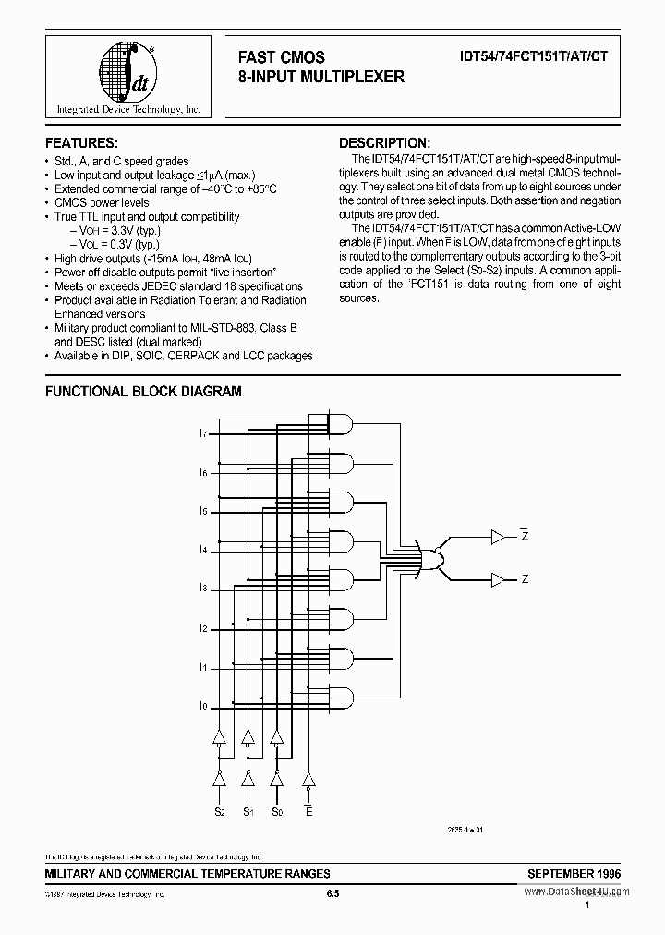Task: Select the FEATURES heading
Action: click(x=81, y=143)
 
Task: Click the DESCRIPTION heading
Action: click(x=384, y=143)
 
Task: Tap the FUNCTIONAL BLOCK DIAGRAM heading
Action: click(x=144, y=391)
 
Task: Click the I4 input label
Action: click(x=202, y=550)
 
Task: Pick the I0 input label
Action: click(x=202, y=706)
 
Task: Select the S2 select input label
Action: click(x=219, y=811)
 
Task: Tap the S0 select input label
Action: click(x=277, y=811)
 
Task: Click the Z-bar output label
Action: click(x=525, y=536)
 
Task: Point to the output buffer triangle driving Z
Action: click(x=499, y=580)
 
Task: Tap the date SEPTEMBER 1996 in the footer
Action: click(x=574, y=873)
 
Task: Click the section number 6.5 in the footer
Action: click(x=334, y=893)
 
